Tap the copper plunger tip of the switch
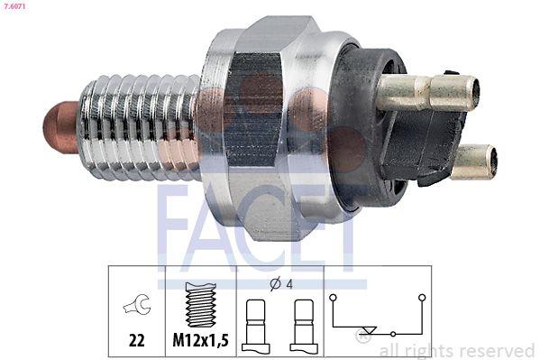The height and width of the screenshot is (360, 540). click(x=60, y=126)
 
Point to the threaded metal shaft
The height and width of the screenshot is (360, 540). click(x=135, y=126)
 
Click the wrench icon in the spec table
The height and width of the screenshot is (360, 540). click(x=138, y=306)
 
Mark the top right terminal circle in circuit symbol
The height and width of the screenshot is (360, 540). click(x=420, y=296)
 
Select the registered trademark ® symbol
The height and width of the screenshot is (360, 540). click(x=362, y=337)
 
